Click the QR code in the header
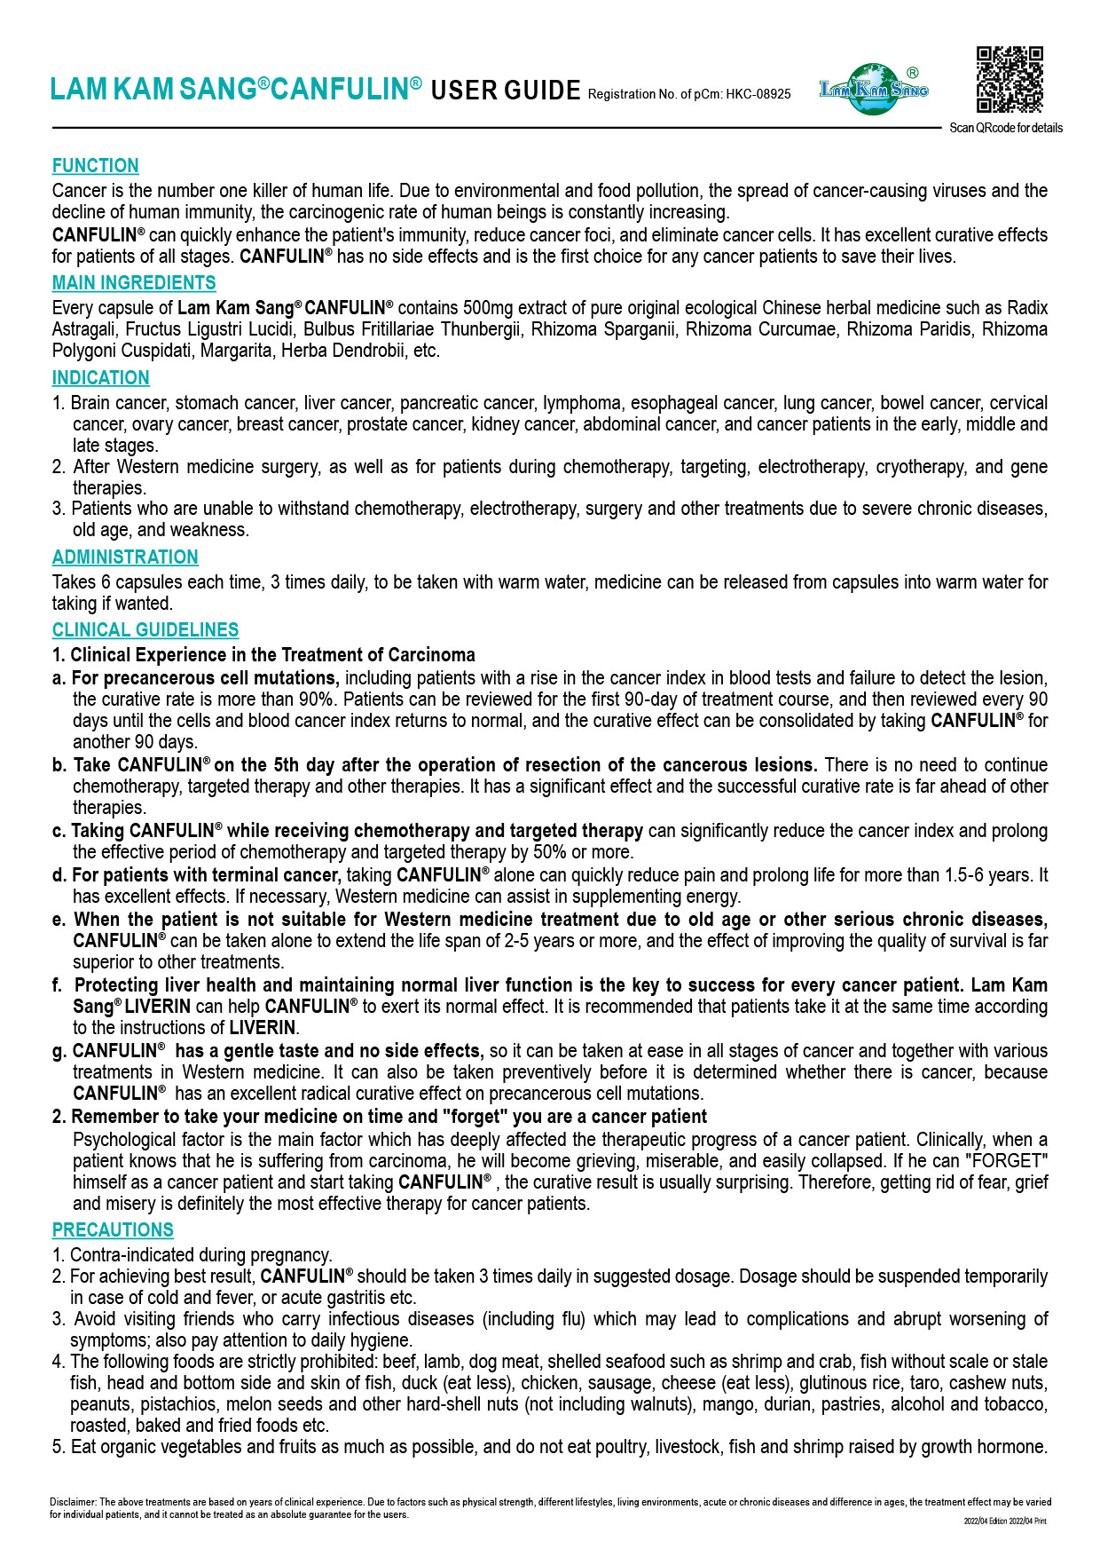click(x=1010, y=80)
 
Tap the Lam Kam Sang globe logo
click(x=874, y=89)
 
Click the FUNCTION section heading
click(x=95, y=166)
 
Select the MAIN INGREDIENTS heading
click(x=134, y=283)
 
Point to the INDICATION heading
click(x=100, y=378)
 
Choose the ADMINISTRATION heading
click(x=125, y=557)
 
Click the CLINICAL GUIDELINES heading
click(x=145, y=630)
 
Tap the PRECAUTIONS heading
click(x=113, y=1230)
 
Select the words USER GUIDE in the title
click(x=506, y=91)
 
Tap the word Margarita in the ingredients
click(x=237, y=351)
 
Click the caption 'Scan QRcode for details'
click(x=1006, y=128)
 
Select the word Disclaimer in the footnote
click(x=73, y=1502)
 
